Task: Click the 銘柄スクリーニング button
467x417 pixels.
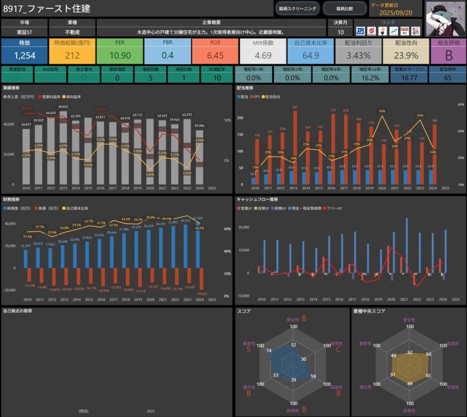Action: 297,8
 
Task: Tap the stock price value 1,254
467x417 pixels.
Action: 25,56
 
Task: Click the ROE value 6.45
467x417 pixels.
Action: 215,56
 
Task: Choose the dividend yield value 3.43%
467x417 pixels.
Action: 358,56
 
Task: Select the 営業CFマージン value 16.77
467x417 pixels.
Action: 408,78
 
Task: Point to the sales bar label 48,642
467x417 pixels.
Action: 63,106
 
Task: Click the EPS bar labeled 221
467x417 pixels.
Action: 295,107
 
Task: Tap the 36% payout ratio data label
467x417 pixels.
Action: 382,111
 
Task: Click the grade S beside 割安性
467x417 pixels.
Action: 249,349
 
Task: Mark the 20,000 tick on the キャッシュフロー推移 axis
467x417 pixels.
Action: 243,227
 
